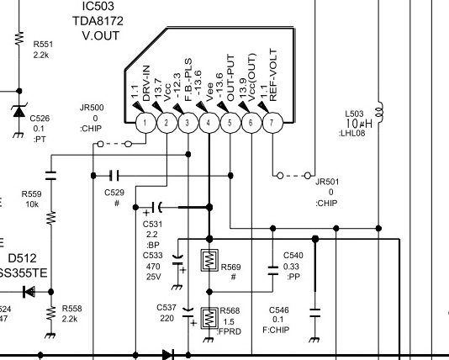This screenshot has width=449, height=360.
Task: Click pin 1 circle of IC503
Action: tap(145, 123)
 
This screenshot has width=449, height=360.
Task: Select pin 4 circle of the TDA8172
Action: tap(209, 123)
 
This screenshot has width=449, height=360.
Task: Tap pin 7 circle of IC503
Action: tap(272, 123)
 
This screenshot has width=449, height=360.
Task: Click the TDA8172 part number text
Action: tap(98, 21)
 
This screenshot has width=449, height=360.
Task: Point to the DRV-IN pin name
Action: tap(146, 83)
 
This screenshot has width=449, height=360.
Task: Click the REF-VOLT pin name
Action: tap(273, 76)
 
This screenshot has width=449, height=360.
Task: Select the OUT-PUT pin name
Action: tap(230, 77)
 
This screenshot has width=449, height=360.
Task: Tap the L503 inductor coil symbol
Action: tap(380, 112)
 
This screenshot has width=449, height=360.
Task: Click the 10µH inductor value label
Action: tap(359, 124)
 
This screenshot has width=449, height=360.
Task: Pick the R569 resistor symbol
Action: tap(209, 261)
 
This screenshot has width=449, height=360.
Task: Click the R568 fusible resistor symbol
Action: tap(209, 318)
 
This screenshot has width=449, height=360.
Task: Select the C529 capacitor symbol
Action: tap(114, 175)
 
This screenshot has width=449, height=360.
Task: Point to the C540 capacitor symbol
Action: tap(273, 271)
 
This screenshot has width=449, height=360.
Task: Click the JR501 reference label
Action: tap(327, 182)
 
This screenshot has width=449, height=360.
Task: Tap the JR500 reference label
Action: tap(92, 108)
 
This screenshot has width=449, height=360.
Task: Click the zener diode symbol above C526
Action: tap(19, 111)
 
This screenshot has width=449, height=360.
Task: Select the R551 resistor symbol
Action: tap(19, 38)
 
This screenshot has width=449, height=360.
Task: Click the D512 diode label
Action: tap(23, 258)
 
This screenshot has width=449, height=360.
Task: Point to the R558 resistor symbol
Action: tap(51, 314)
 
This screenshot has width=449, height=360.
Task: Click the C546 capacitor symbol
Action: tap(315, 312)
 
